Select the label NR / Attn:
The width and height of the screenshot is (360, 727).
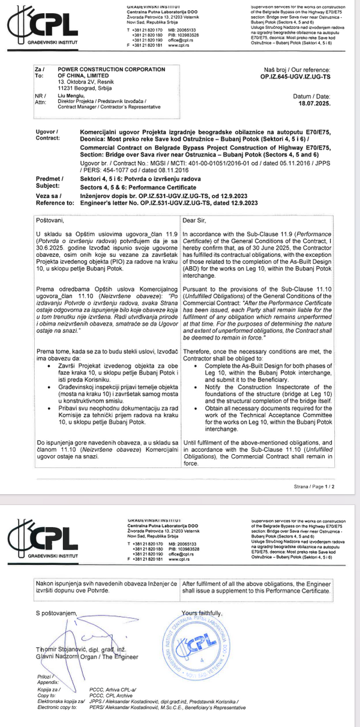40,99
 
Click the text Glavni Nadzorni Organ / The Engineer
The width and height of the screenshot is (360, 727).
87,657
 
